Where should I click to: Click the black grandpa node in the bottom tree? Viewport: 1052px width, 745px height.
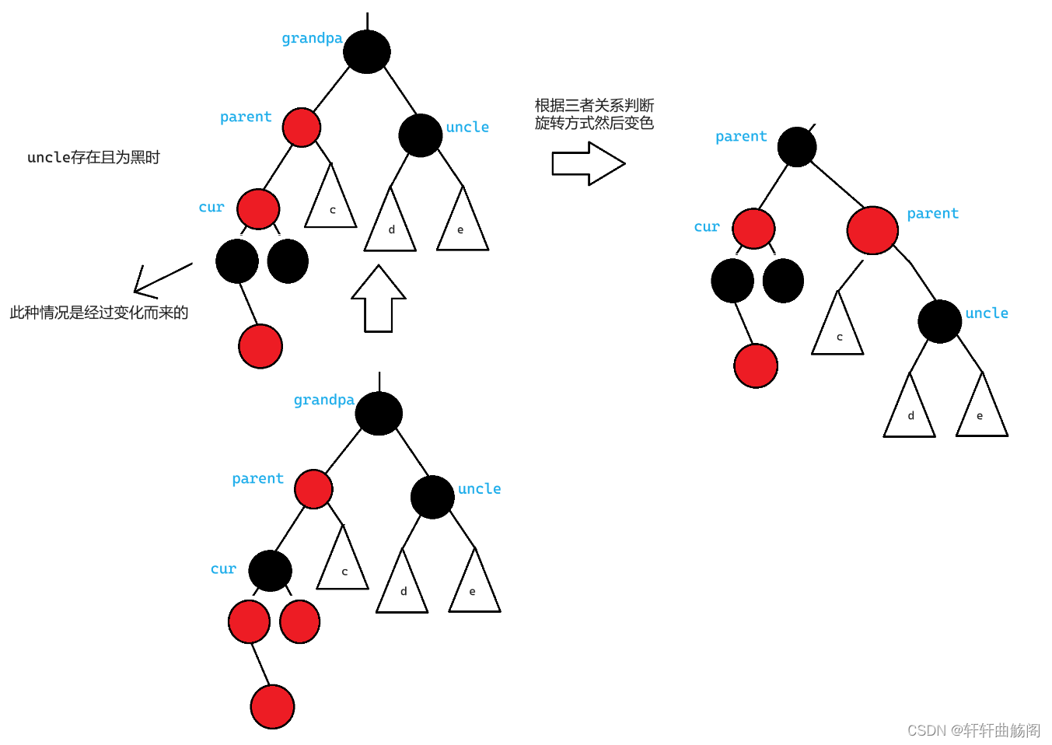click(379, 413)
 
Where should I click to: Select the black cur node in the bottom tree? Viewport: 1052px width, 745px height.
click(271, 571)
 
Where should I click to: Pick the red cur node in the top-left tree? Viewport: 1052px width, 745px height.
click(258, 208)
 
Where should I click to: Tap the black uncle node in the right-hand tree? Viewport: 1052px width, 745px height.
click(939, 321)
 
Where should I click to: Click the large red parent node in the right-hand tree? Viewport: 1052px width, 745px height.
click(872, 230)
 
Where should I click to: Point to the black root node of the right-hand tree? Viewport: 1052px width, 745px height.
click(797, 146)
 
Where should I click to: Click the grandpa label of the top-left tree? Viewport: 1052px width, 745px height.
click(312, 38)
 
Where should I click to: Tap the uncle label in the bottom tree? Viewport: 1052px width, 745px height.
click(479, 488)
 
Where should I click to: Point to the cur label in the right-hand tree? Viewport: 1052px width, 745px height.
click(707, 226)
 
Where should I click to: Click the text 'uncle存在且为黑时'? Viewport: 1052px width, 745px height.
click(93, 157)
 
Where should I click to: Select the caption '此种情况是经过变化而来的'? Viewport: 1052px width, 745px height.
click(99, 313)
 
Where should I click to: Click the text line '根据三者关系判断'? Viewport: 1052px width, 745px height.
click(594, 105)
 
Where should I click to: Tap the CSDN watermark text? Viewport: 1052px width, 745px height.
click(973, 730)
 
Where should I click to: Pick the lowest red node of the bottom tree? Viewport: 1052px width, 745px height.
click(272, 706)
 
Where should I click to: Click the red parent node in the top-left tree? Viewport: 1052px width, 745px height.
click(302, 128)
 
